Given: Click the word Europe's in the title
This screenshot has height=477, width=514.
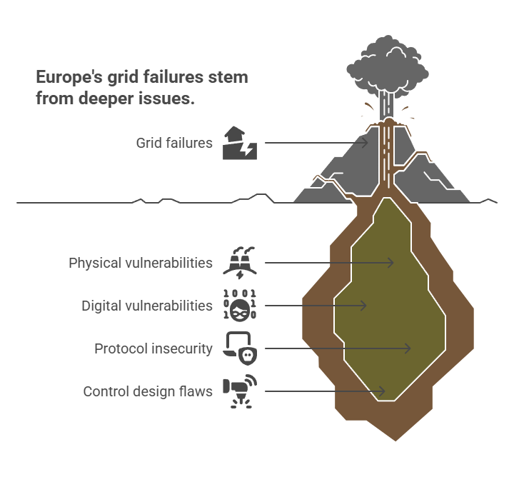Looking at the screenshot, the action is coord(69,77).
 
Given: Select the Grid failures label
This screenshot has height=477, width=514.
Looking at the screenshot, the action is coord(174,143).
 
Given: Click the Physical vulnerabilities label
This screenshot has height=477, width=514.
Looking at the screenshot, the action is coord(141,263).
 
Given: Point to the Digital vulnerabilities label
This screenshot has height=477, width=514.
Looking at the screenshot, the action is coord(147,306).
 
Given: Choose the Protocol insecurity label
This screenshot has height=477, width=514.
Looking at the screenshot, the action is coord(153,348).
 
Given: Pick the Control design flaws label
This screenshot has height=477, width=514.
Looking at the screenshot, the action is coord(148,391).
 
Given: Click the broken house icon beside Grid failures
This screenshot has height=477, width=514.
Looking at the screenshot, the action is coord(240,143).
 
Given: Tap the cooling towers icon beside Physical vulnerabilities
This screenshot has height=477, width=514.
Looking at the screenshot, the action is coord(240,263).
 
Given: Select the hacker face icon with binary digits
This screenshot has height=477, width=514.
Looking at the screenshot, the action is coord(240,306).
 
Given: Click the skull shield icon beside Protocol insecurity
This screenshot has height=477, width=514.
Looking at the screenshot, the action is coord(240,348).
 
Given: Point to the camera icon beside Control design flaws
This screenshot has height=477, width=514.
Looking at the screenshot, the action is coord(240,391).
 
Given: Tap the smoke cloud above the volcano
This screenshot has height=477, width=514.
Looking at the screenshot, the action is coord(388,67).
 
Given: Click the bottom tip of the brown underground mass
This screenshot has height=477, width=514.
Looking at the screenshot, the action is coord(395,441).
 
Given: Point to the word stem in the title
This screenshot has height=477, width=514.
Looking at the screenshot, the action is coord(228,77).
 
